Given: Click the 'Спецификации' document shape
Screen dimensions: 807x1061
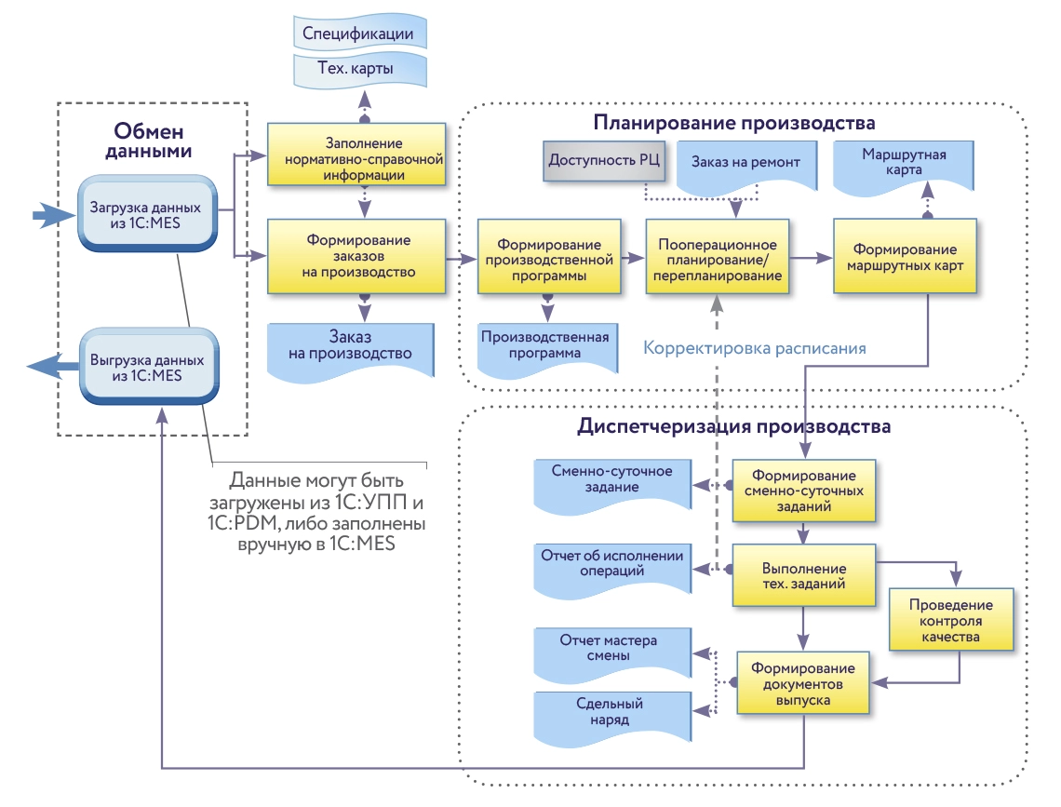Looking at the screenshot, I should pos(358,34).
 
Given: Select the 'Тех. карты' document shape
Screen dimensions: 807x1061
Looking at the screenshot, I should pos(358,70).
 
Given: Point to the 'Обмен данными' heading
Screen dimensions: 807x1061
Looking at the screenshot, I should pos(154,141).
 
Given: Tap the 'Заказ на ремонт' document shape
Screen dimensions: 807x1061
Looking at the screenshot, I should pos(745,163).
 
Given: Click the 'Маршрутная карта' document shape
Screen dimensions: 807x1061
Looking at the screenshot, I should pos(904,164).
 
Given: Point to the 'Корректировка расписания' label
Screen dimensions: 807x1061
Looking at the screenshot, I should pos(755,348).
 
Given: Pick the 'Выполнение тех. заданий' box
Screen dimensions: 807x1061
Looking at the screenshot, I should pos(803,576).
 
